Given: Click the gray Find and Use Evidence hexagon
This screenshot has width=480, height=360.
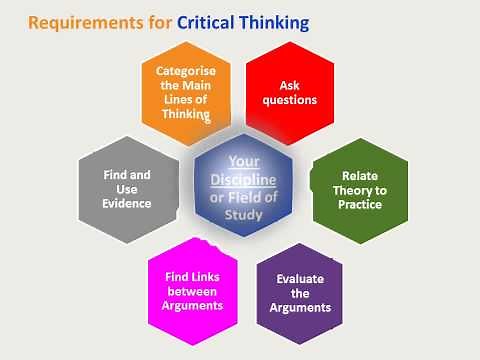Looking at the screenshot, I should pos(127,189).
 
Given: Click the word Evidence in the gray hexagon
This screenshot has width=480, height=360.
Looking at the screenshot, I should pos(127,204).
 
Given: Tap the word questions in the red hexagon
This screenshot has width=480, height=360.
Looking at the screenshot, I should pos(291,100).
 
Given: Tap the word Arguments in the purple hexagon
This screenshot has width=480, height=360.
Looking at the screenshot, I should pos(300,307).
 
